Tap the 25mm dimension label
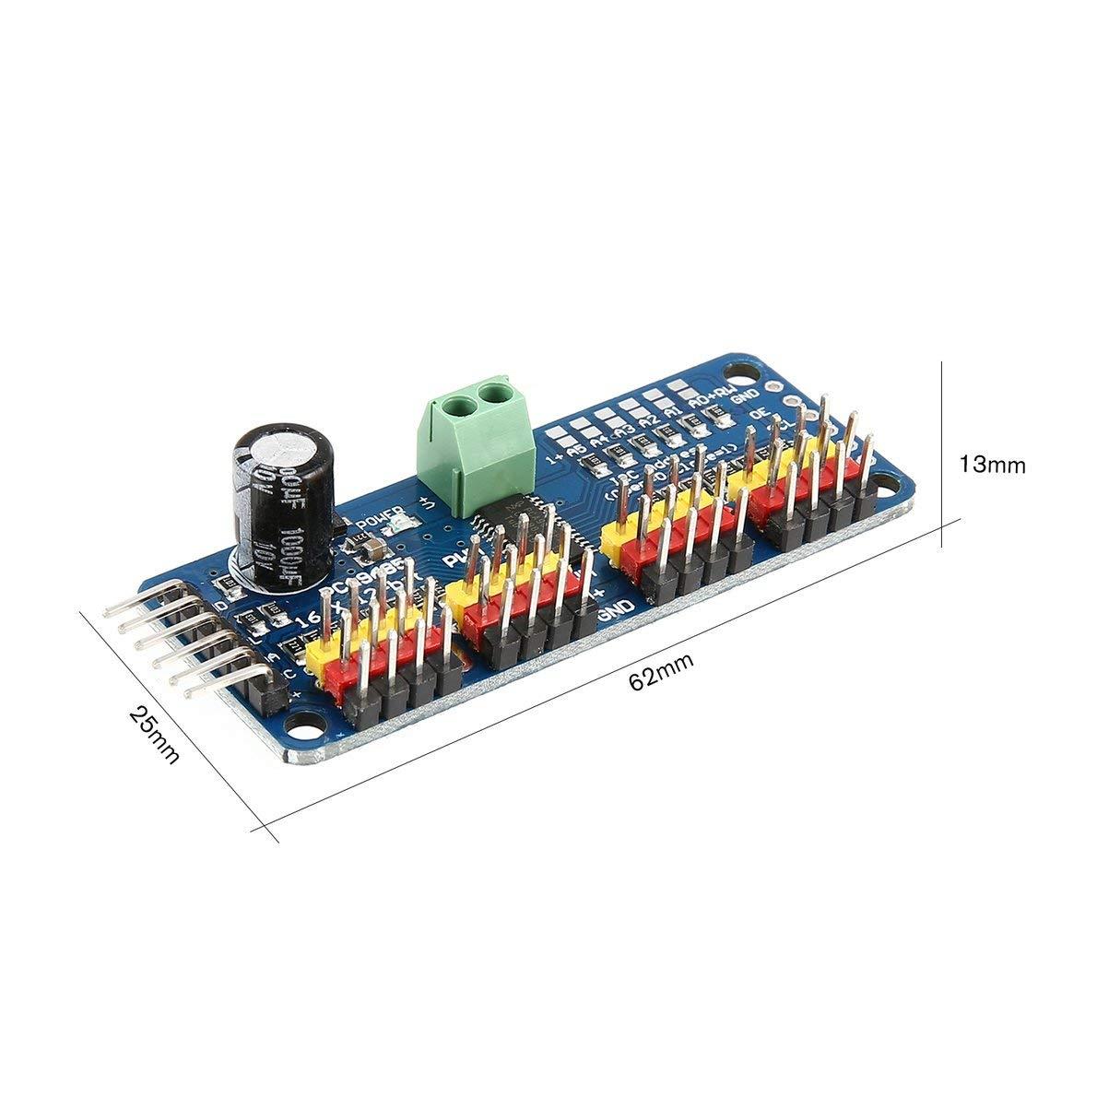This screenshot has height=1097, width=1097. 154,734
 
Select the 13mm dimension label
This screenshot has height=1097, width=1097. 992,465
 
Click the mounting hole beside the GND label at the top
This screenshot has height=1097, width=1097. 739,374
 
